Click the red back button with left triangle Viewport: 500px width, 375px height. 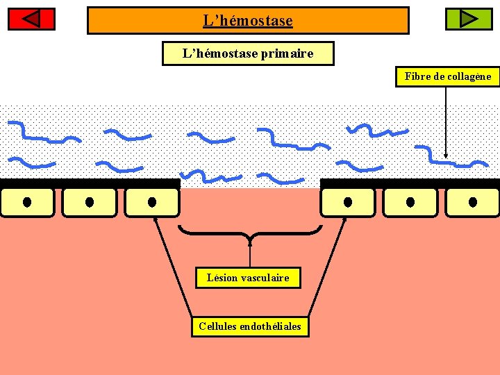[x=31, y=19]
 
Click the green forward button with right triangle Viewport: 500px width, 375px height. [x=468, y=19]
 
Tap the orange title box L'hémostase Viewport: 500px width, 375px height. [x=248, y=21]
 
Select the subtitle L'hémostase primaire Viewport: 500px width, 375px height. [x=248, y=53]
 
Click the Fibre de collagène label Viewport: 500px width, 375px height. [x=448, y=76]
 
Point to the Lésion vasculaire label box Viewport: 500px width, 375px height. [x=248, y=278]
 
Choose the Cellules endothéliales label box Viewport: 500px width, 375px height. [x=250, y=326]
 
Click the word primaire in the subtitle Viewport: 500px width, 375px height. [x=287, y=53]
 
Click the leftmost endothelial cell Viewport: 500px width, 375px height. [x=27, y=202]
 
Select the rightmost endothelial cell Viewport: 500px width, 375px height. [x=473, y=202]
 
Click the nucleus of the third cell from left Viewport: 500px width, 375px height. [x=152, y=202]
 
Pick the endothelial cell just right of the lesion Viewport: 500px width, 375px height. [x=347, y=202]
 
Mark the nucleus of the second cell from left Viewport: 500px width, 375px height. [x=90, y=202]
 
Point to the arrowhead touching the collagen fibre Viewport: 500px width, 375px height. [x=446, y=156]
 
